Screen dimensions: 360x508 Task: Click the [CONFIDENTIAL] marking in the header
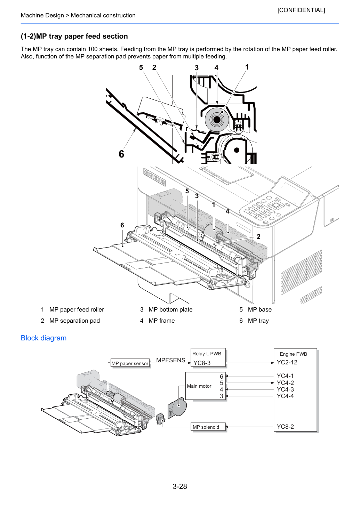click(301, 10)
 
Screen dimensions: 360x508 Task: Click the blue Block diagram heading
click(43, 338)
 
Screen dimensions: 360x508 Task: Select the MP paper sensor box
click(130, 363)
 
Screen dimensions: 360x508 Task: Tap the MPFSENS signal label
click(170, 360)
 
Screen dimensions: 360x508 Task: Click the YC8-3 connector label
click(202, 363)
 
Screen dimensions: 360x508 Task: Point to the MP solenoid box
click(208, 427)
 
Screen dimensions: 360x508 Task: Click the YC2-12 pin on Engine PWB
click(287, 362)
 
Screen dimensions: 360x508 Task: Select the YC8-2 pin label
click(285, 427)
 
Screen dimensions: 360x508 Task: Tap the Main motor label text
click(199, 386)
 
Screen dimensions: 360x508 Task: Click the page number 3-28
click(180, 486)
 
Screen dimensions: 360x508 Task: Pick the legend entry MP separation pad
click(74, 321)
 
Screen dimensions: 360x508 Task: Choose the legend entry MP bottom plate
click(170, 309)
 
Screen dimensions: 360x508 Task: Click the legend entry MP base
click(259, 309)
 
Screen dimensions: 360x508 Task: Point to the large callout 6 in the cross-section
click(121, 154)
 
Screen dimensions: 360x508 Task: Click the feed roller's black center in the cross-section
click(217, 120)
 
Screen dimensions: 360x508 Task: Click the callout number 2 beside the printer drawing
click(258, 236)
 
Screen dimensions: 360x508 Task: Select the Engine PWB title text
click(293, 354)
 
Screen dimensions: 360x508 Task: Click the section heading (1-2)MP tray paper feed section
click(74, 36)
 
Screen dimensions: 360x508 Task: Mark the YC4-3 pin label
click(285, 389)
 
